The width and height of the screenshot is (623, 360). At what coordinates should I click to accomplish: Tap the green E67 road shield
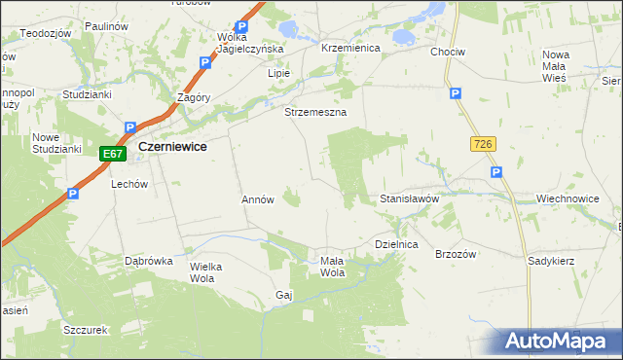113,154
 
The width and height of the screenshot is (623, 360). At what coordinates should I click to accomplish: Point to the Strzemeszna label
315,113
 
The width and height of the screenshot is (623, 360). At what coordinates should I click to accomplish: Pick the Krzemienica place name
349,48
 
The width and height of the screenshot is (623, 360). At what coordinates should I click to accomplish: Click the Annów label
258,199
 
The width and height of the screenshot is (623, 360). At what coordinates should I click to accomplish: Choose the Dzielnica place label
396,245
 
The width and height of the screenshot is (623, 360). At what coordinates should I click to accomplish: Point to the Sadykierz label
551,262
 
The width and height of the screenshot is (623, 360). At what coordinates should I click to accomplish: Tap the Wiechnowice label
567,198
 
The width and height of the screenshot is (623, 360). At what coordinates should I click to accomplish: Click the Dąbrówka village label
149,262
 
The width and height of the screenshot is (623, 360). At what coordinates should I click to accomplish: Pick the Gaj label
284,294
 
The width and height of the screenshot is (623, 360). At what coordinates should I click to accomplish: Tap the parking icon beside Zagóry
205,62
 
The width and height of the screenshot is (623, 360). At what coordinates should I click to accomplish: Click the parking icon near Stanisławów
495,172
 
